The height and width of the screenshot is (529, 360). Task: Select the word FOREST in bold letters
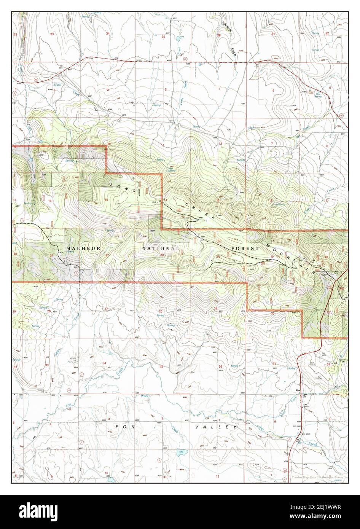point(245,248)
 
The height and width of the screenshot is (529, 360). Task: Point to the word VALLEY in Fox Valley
point(216,427)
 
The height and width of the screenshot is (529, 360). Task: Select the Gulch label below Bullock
point(234,52)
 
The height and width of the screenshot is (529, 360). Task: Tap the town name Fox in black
point(298,390)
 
